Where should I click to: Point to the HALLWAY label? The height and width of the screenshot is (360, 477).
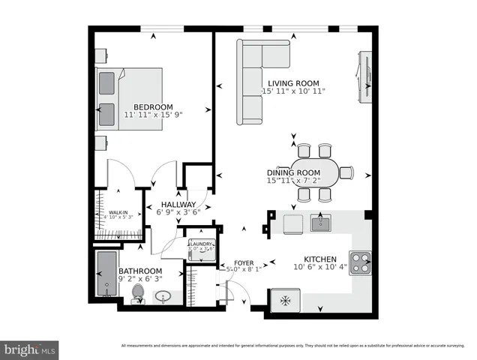(x=176, y=204)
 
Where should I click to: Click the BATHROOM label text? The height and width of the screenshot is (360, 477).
(x=140, y=271)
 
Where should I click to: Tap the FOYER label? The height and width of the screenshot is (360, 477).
(x=244, y=262)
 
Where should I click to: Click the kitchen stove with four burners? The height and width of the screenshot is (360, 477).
(x=361, y=262)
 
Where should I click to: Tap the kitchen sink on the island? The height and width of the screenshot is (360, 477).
(x=321, y=223)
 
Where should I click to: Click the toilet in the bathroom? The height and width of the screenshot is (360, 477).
(x=137, y=293)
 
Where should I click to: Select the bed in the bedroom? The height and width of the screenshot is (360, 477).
(x=129, y=99)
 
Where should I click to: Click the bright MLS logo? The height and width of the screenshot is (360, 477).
(x=30, y=349)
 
